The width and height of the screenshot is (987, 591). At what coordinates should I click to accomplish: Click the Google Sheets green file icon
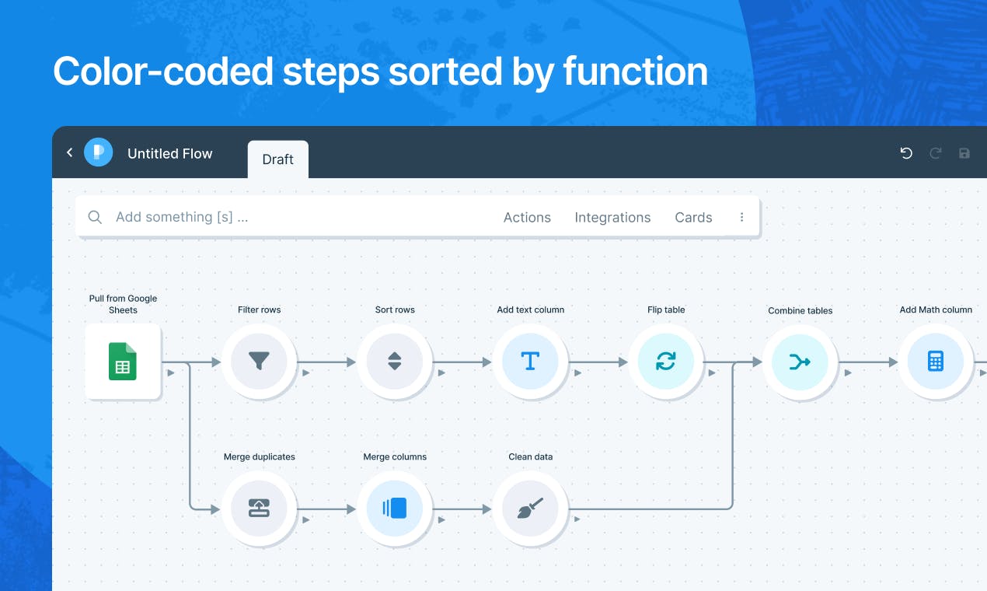123,362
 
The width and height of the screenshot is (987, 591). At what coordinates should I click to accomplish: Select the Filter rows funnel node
259,362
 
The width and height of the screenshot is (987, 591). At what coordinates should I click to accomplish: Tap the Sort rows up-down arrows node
395,362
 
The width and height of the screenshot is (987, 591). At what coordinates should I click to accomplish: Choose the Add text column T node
531,362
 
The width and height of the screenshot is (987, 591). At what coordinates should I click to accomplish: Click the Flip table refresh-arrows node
666,362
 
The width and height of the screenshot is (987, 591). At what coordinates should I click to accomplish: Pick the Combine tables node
800,362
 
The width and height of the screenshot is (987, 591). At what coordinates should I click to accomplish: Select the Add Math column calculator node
936,362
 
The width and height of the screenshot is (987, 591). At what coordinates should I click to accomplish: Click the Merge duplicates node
259,509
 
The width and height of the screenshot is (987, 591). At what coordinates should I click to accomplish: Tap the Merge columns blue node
395,509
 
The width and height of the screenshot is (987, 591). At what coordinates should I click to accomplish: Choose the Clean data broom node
531,509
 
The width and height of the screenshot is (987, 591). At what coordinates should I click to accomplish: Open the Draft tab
278,159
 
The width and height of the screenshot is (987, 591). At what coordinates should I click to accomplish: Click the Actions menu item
527,218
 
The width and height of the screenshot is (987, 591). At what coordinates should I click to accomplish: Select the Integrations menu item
612,218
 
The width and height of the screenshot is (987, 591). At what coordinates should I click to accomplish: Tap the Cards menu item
693,218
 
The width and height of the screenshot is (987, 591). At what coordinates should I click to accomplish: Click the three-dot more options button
742,217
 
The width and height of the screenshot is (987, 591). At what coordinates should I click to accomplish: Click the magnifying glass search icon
95,217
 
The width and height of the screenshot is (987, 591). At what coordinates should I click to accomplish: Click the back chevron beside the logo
70,152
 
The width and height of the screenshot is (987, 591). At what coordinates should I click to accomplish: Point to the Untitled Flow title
170,153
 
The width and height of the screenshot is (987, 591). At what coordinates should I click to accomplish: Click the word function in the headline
636,71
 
